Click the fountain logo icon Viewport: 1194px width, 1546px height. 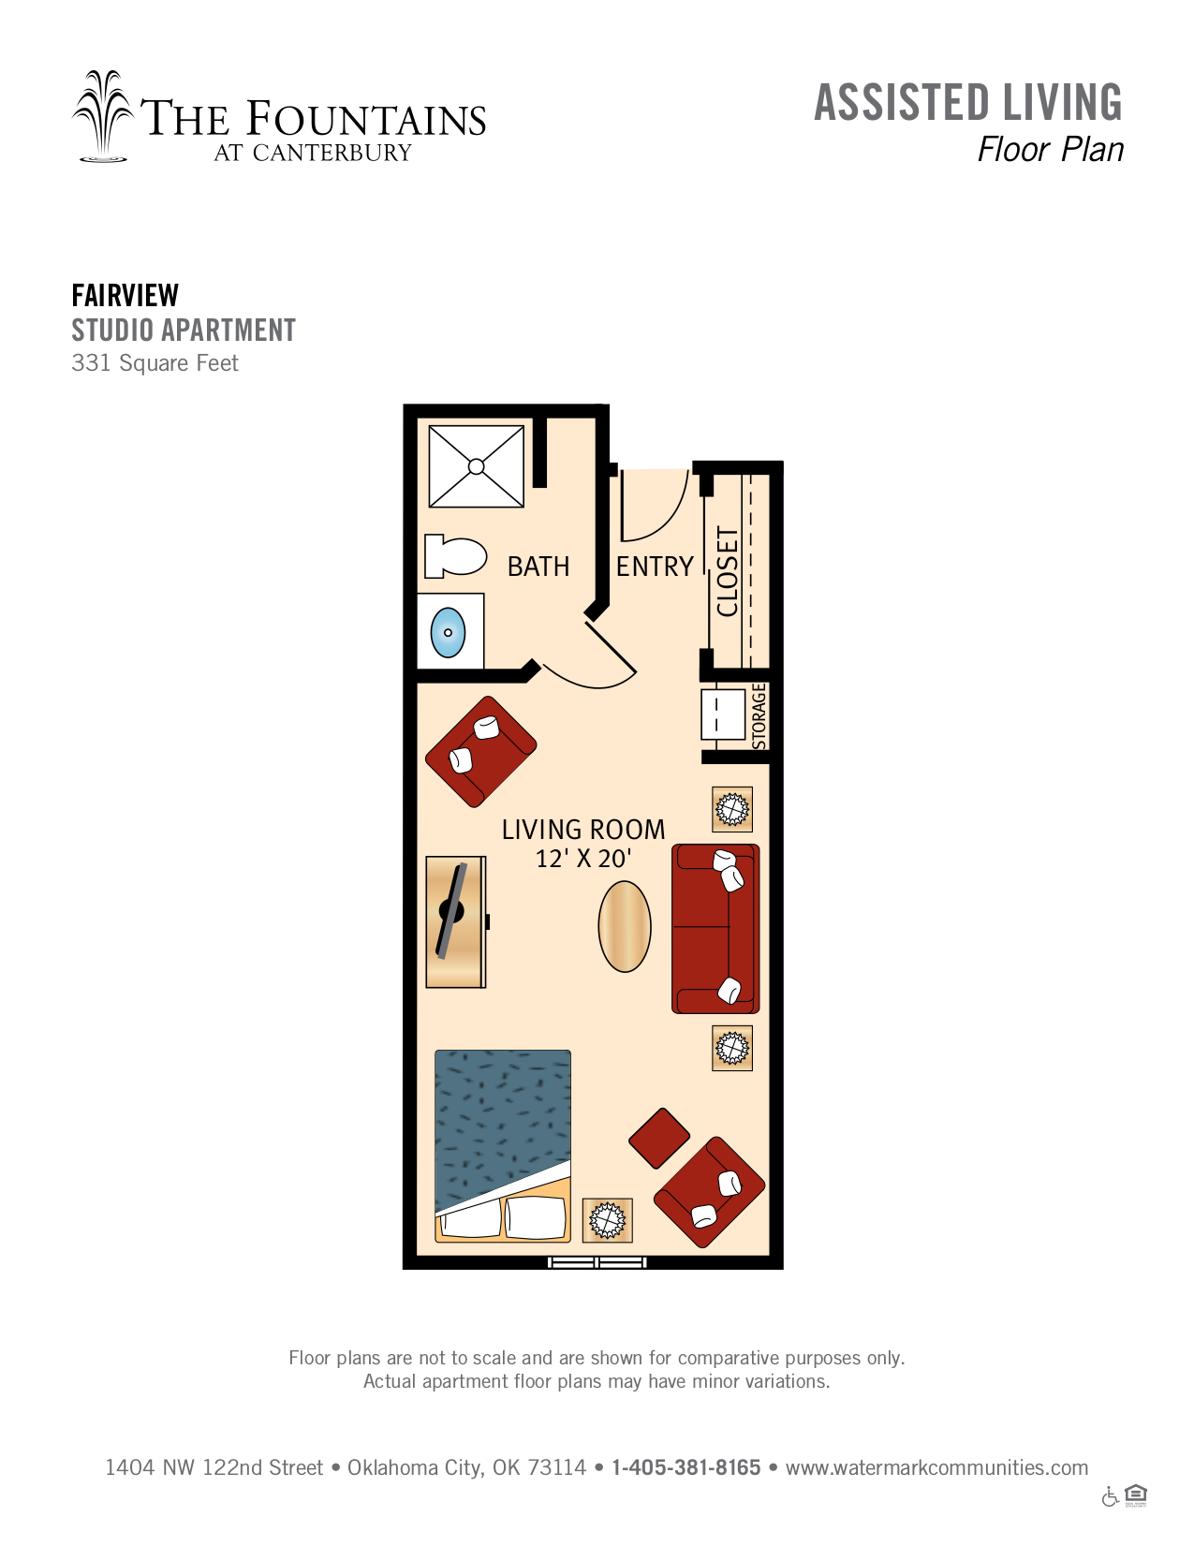pos(103,116)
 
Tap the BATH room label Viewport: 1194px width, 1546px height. pos(538,567)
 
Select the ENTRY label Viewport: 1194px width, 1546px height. pos(655,567)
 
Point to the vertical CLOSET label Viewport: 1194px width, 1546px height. pos(728,571)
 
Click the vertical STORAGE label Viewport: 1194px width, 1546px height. pos(759,715)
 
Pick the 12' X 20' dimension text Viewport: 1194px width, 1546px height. pos(583,859)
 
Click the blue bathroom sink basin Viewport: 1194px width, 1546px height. pos(448,632)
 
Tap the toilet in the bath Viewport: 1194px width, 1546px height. pos(455,556)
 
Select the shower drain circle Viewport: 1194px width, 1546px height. pos(476,466)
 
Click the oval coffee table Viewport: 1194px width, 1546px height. pos(624,926)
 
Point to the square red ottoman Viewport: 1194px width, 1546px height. pos(659,1139)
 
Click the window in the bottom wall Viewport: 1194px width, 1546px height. pos(597,1263)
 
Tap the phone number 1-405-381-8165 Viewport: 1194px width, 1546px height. pos(685,1467)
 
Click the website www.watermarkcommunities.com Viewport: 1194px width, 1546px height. pos(936,1467)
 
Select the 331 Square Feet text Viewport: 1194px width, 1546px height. pos(155,362)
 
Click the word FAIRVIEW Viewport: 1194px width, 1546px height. pos(125,295)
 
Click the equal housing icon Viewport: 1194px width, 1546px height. pos(1136,1495)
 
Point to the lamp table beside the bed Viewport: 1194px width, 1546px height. pos(607,1220)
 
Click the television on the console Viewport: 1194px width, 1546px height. pos(451,911)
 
